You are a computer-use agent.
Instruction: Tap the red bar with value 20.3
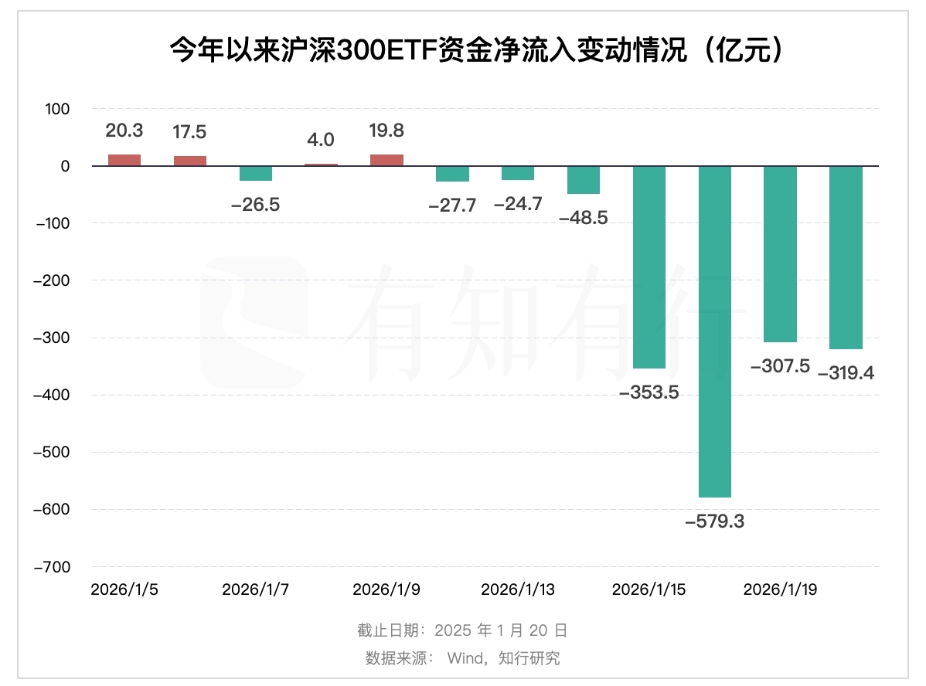click(x=124, y=160)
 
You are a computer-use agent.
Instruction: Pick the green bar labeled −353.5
click(x=649, y=267)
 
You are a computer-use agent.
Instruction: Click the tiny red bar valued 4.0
click(x=321, y=165)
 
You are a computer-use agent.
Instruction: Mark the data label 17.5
click(x=189, y=132)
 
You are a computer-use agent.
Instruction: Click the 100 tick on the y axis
click(x=58, y=109)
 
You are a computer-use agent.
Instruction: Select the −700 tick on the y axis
click(x=52, y=566)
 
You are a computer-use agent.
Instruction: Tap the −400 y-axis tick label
click(x=52, y=395)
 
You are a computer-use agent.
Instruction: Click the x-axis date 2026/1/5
click(x=124, y=589)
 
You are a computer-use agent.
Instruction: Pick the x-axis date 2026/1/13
click(x=518, y=589)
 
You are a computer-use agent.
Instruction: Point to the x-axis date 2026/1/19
click(x=780, y=589)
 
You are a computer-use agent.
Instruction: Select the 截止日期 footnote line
click(x=462, y=630)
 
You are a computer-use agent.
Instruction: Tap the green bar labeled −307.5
click(x=780, y=253)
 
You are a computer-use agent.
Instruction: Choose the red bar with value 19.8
click(x=386, y=160)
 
